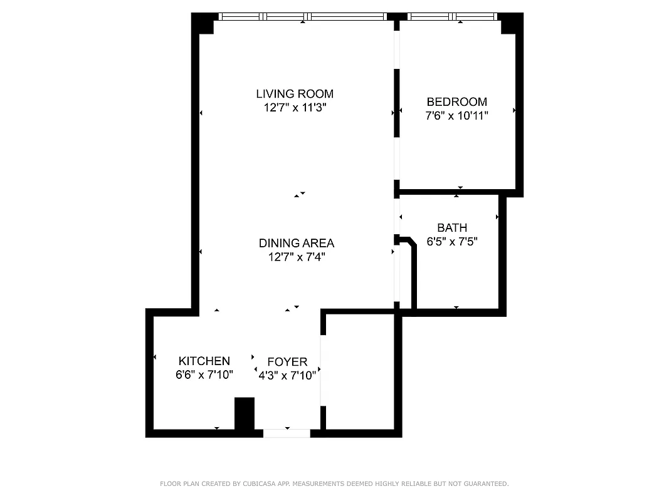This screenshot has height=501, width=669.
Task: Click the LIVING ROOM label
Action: point(294,94)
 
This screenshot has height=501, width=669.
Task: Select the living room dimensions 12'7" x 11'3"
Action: point(294,108)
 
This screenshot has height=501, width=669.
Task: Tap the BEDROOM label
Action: point(456,102)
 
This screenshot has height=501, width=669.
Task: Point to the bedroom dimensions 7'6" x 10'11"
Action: point(456,116)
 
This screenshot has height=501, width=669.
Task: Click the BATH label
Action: point(451,228)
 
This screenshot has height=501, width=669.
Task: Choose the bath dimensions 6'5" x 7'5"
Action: point(451,242)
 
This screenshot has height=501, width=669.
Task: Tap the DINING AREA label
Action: point(297,243)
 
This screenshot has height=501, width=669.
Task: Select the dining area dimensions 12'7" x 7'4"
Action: point(297,257)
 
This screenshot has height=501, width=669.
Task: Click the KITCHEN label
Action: point(204,361)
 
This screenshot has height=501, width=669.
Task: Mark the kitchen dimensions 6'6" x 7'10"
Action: point(204,375)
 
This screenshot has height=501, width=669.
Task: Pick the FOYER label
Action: point(287,362)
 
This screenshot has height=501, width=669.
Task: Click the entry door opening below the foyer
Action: point(287,433)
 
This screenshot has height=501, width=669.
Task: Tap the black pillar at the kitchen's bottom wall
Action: point(244,413)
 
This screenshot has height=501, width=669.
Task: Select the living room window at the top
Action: point(302,17)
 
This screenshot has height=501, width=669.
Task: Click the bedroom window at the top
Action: point(451,17)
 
